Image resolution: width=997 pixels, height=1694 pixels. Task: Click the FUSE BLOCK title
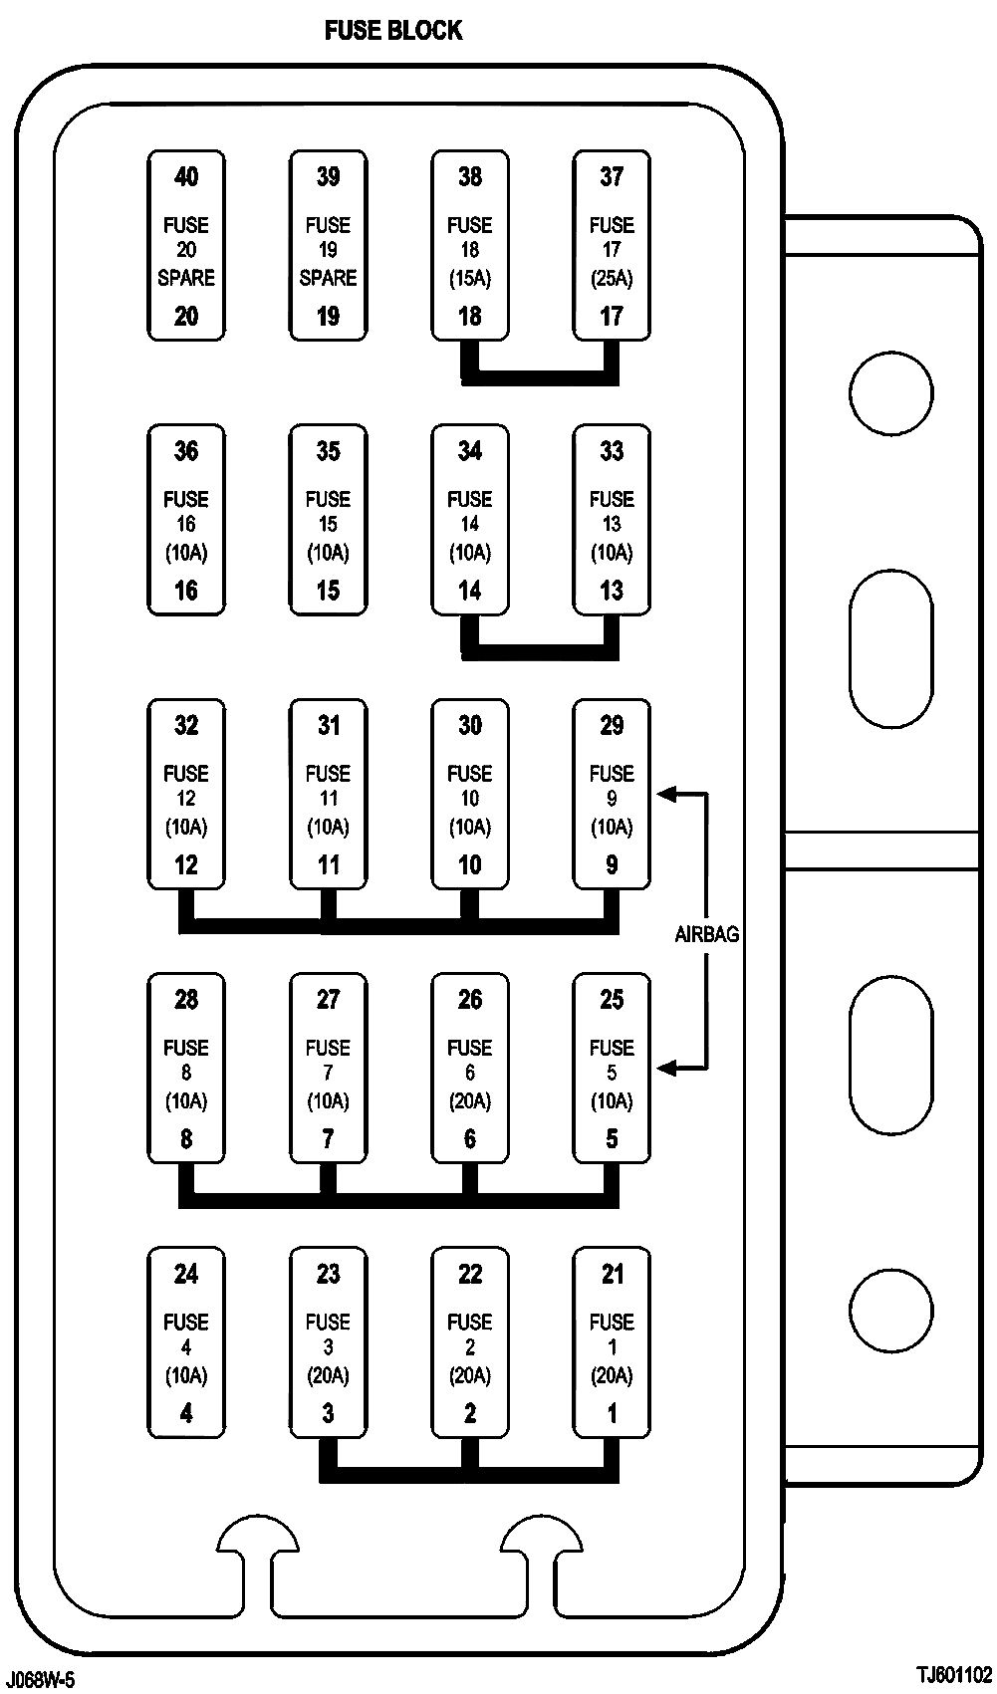[393, 31]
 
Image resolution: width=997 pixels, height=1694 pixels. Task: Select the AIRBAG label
[707, 934]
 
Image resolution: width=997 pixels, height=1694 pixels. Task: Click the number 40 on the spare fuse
[186, 177]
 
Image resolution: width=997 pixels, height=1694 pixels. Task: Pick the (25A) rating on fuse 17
[612, 279]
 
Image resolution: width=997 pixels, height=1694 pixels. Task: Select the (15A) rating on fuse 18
[469, 279]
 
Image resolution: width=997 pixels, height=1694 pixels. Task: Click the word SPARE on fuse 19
[328, 278]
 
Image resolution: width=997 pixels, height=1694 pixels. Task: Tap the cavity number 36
[186, 451]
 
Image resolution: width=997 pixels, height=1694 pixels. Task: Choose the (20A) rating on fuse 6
[469, 1101]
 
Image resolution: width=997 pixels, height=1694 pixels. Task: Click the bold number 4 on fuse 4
[186, 1412]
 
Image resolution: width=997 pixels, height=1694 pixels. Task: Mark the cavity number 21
[612, 1274]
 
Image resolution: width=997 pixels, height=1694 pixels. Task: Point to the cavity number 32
[186, 725]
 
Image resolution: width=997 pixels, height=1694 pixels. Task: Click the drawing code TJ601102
[955, 1673]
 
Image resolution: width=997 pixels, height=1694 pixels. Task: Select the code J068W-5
[40, 1680]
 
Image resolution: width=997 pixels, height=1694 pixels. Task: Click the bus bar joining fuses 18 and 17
[540, 376]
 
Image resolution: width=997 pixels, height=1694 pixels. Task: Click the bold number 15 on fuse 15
[328, 591]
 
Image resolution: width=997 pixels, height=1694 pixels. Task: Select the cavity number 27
[328, 999]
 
